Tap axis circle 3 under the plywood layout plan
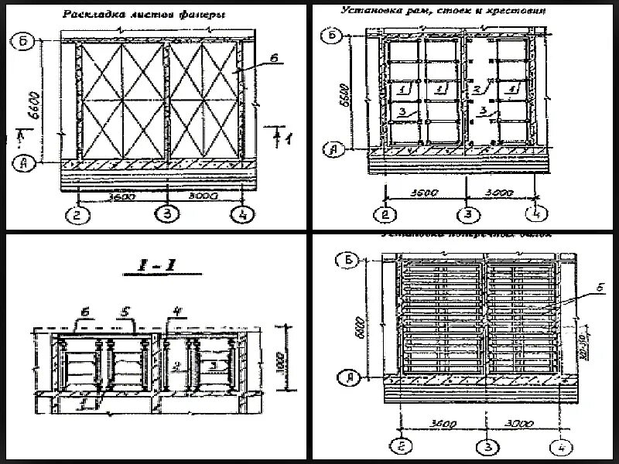[165, 214]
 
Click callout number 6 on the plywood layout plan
[273, 57]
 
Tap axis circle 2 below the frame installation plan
[384, 214]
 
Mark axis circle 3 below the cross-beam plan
[485, 446]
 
